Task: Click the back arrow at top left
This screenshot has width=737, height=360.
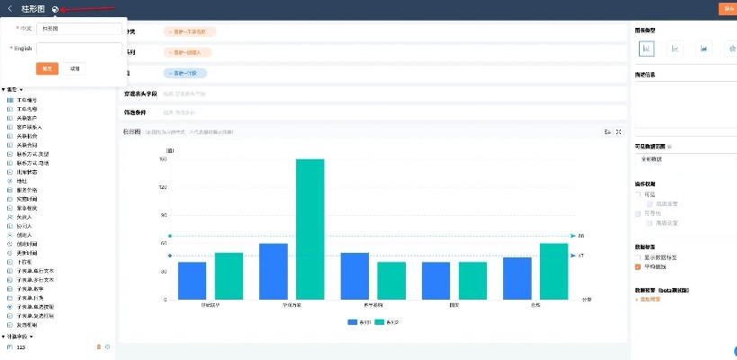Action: pyautogui.click(x=9, y=9)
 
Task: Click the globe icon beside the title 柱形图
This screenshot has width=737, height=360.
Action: pyautogui.click(x=56, y=9)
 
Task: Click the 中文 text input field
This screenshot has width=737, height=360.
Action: pyautogui.click(x=79, y=29)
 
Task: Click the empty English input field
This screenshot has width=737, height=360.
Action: pyautogui.click(x=79, y=49)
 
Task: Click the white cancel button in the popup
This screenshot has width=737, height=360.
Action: pyautogui.click(x=75, y=68)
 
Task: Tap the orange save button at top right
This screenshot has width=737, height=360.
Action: pyautogui.click(x=727, y=8)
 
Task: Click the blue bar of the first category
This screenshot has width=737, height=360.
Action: pyautogui.click(x=192, y=281)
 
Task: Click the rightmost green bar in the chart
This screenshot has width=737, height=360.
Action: pyautogui.click(x=553, y=271)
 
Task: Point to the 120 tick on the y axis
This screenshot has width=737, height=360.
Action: pyautogui.click(x=163, y=187)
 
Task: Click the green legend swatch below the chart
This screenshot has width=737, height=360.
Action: pyautogui.click(x=380, y=321)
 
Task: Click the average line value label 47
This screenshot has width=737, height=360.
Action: pyautogui.click(x=581, y=256)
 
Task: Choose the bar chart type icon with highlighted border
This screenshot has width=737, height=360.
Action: pyautogui.click(x=646, y=49)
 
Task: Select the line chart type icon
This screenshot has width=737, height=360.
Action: pyautogui.click(x=675, y=49)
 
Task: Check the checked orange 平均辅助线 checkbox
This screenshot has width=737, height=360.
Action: pyautogui.click(x=638, y=266)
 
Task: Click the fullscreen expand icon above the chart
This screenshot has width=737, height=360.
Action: pyautogui.click(x=619, y=132)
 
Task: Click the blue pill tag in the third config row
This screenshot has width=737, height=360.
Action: pyautogui.click(x=185, y=73)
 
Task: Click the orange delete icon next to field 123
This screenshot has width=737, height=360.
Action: pyautogui.click(x=99, y=346)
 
